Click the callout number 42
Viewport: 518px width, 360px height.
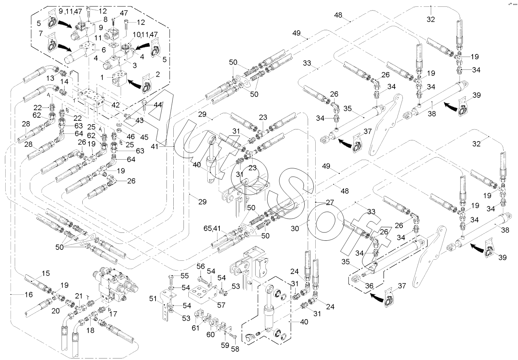(x=116, y=105)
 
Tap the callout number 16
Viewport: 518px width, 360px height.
(x=29, y=294)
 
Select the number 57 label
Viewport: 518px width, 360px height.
(x=221, y=305)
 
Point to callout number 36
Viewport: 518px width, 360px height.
(x=369, y=286)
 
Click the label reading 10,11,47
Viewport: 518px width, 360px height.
(x=145, y=34)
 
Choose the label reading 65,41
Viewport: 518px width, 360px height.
(x=212, y=229)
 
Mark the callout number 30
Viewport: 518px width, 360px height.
(x=295, y=229)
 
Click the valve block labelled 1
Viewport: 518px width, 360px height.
(x=120, y=78)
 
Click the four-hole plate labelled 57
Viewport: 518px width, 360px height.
(x=203, y=294)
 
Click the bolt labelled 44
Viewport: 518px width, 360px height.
(x=144, y=105)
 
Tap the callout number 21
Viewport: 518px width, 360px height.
(x=79, y=296)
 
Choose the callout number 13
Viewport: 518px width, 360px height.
(x=50, y=78)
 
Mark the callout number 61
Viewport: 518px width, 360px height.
(x=196, y=328)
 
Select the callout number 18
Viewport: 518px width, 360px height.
(x=90, y=331)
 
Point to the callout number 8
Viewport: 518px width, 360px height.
(x=105, y=19)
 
